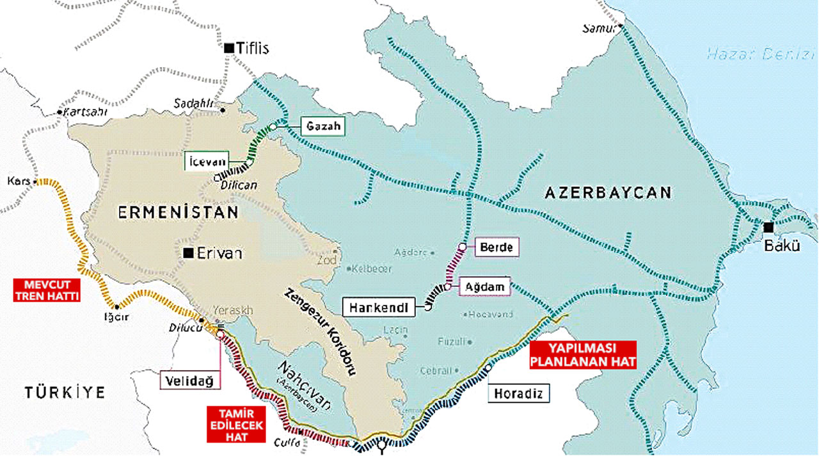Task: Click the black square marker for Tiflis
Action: point(229,47)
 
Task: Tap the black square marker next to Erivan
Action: point(187,253)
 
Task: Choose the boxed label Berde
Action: point(497,247)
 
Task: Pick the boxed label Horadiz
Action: point(519,394)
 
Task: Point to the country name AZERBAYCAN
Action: point(608,193)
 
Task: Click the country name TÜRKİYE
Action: point(64,392)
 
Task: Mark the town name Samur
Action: point(598,28)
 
